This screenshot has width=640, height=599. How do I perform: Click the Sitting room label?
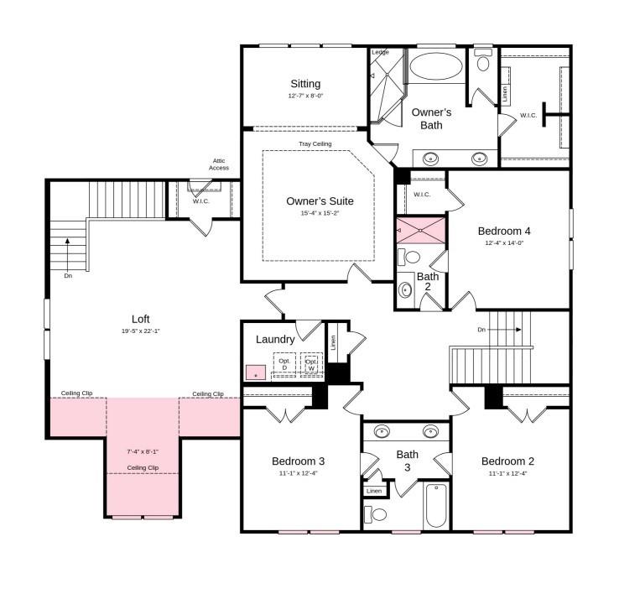coord(305,84)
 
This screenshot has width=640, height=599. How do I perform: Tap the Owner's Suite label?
coord(320,201)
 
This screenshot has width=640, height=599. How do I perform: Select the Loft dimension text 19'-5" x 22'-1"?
coord(140,331)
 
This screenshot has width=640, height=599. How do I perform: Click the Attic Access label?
coord(219,164)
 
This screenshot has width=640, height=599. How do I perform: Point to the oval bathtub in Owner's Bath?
coord(434,65)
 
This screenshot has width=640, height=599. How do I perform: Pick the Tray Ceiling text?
coord(315,144)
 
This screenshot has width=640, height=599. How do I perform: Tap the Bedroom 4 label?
coord(504,231)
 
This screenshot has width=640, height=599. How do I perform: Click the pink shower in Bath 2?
coord(421,230)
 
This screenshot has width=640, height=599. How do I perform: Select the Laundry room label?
coord(275,340)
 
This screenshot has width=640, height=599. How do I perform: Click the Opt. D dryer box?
coord(284,364)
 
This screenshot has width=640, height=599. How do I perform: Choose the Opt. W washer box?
coord(311,364)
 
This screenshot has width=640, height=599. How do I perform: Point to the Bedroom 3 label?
coord(298,461)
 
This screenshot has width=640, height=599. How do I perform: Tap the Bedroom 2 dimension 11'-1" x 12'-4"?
coord(507,473)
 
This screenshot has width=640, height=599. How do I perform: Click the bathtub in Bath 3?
coord(435,506)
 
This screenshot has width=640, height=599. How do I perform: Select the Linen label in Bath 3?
coord(374,491)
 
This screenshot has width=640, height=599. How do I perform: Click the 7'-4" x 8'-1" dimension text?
coord(143,451)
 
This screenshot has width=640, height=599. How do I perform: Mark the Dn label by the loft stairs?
coord(68,275)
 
